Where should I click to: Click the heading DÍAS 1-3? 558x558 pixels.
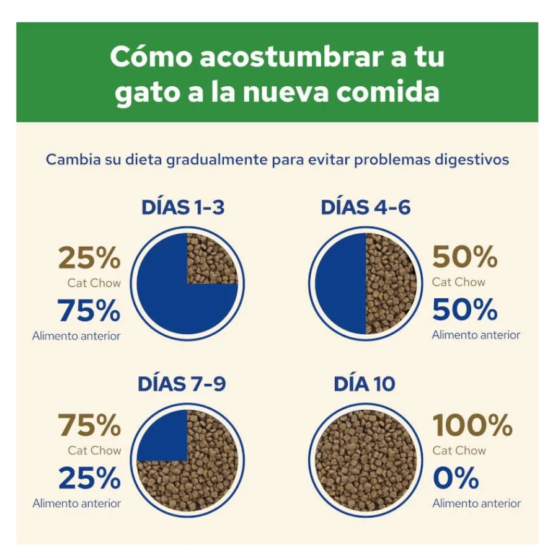click(183, 207)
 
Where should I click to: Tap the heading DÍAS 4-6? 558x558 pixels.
click(365, 207)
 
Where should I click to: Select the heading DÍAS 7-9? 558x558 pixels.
click(182, 384)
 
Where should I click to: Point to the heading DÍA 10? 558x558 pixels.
click(365, 384)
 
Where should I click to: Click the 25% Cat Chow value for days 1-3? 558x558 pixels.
click(89, 258)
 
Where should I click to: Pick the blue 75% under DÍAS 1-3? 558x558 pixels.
click(89, 311)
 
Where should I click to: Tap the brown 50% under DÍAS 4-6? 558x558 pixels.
click(465, 257)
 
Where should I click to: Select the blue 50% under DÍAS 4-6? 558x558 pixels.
click(465, 309)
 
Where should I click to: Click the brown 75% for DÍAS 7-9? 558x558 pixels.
click(89, 425)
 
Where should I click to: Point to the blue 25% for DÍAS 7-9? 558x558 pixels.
click(90, 478)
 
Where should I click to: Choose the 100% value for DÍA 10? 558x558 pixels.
click(472, 425)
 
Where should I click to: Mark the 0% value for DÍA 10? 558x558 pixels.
click(456, 478)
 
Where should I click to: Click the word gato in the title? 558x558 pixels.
click(146, 92)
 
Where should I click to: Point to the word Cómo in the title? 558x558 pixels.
click(151, 57)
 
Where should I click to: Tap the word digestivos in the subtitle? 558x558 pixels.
click(472, 160)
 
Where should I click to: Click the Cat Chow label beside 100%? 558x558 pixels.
click(459, 451)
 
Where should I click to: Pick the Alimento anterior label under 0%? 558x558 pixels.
click(477, 503)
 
